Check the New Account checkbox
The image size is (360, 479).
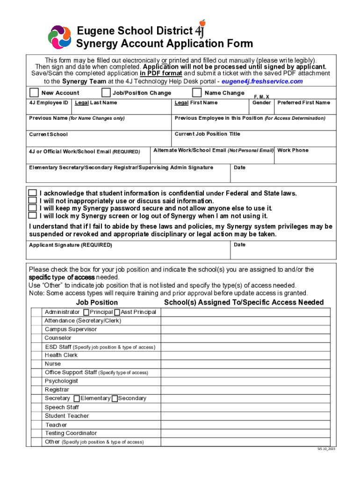[x=34, y=92]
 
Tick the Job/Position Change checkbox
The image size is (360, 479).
[x=106, y=92]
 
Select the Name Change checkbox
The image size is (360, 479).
[x=197, y=92]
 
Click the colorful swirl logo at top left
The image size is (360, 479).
[x=60, y=37]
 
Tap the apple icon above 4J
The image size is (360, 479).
[x=202, y=22]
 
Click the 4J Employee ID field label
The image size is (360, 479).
[x=49, y=102]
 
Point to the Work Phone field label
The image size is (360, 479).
[x=293, y=150]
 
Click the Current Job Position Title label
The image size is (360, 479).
[x=207, y=134]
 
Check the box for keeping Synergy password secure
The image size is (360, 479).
[x=32, y=208]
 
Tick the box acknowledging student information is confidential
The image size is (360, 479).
[x=32, y=193]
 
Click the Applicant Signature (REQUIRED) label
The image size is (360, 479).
[x=71, y=245]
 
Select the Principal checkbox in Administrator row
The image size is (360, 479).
[x=86, y=312]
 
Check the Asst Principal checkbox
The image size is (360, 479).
[x=117, y=312]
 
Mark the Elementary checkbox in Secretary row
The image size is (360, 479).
[x=77, y=399]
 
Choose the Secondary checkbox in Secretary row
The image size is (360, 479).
[x=115, y=399]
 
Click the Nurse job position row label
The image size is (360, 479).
[x=53, y=363]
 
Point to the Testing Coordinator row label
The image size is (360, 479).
[x=71, y=433]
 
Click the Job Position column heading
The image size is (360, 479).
[x=97, y=302]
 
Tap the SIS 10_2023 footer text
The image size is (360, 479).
[x=326, y=449]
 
